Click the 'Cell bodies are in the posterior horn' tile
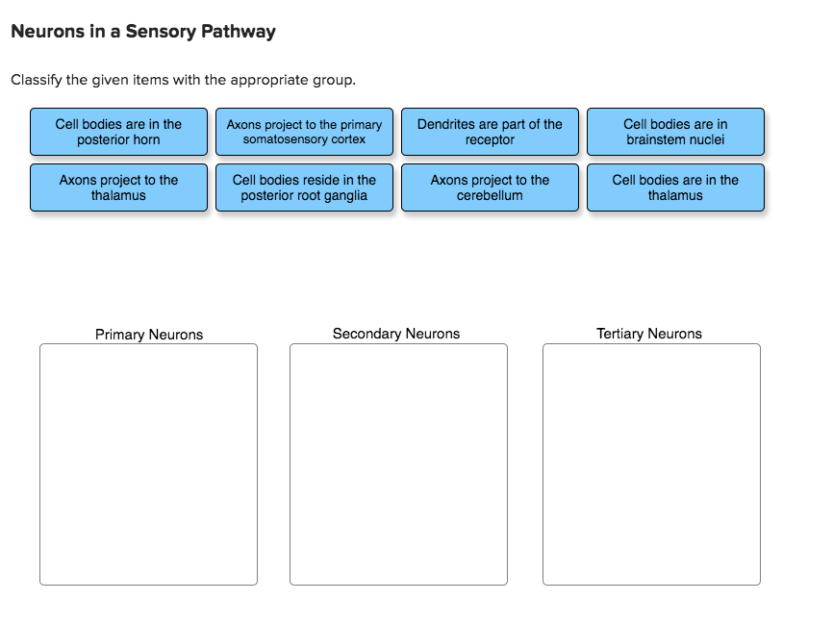click(118, 132)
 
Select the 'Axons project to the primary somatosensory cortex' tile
click(304, 132)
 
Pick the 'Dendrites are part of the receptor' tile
click(490, 132)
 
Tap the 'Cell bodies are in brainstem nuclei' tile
click(675, 132)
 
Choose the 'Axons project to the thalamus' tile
click(118, 187)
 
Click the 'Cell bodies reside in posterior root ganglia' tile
click(304, 187)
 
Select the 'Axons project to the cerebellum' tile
click(490, 187)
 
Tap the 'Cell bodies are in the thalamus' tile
click(675, 187)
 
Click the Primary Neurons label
click(149, 335)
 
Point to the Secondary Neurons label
click(396, 334)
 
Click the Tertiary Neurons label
click(649, 334)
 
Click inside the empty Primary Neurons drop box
click(148, 463)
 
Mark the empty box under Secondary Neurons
click(398, 463)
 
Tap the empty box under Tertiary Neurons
click(651, 463)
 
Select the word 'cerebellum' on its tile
click(490, 195)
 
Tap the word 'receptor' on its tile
click(490, 139)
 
